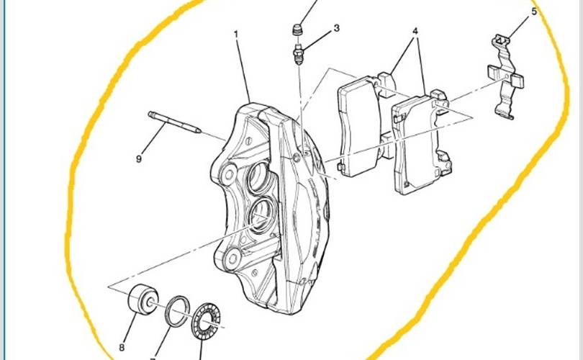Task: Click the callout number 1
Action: pyautogui.click(x=236, y=34)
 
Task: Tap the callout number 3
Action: pyautogui.click(x=337, y=28)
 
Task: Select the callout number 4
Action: pyautogui.click(x=415, y=31)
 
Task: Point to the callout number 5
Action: pyautogui.click(x=534, y=12)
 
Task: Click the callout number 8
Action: pyautogui.click(x=122, y=348)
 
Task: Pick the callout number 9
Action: pyautogui.click(x=139, y=159)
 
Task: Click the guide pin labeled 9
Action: pyautogui.click(x=175, y=122)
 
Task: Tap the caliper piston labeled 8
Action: pyautogui.click(x=143, y=300)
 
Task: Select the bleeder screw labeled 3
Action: pyautogui.click(x=299, y=54)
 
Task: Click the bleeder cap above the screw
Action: pyautogui.click(x=297, y=30)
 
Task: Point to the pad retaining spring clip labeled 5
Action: pyautogui.click(x=506, y=77)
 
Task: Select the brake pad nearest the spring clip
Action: pyautogui.click(x=422, y=143)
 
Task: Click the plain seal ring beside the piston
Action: pyautogui.click(x=177, y=311)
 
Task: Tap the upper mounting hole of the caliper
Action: pyautogui.click(x=229, y=174)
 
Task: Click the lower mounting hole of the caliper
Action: pyautogui.click(x=233, y=258)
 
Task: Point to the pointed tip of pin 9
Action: pyautogui.click(x=200, y=131)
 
